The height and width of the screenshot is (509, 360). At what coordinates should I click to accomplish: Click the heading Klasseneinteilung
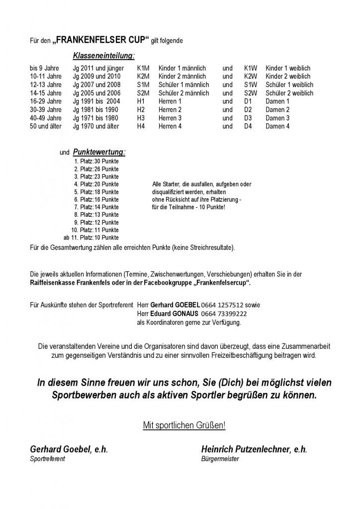(103, 56)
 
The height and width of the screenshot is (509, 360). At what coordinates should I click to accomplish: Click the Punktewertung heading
(99, 152)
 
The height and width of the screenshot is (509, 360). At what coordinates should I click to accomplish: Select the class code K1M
(143, 68)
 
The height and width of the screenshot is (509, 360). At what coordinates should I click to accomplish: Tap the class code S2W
(251, 93)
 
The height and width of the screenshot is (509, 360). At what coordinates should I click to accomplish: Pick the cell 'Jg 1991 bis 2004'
(96, 101)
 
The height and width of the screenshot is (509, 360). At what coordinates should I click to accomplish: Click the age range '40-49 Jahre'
(46, 118)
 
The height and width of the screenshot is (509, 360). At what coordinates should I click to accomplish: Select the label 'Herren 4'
(170, 126)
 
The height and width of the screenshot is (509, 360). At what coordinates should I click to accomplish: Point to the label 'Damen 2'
(277, 110)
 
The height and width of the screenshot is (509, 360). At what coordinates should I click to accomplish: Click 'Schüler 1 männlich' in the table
(184, 85)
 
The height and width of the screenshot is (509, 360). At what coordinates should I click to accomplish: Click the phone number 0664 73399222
(224, 314)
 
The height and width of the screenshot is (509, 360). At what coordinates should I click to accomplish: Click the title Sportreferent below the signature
(48, 459)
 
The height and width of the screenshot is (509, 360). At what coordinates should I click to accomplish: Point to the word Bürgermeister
(220, 459)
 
